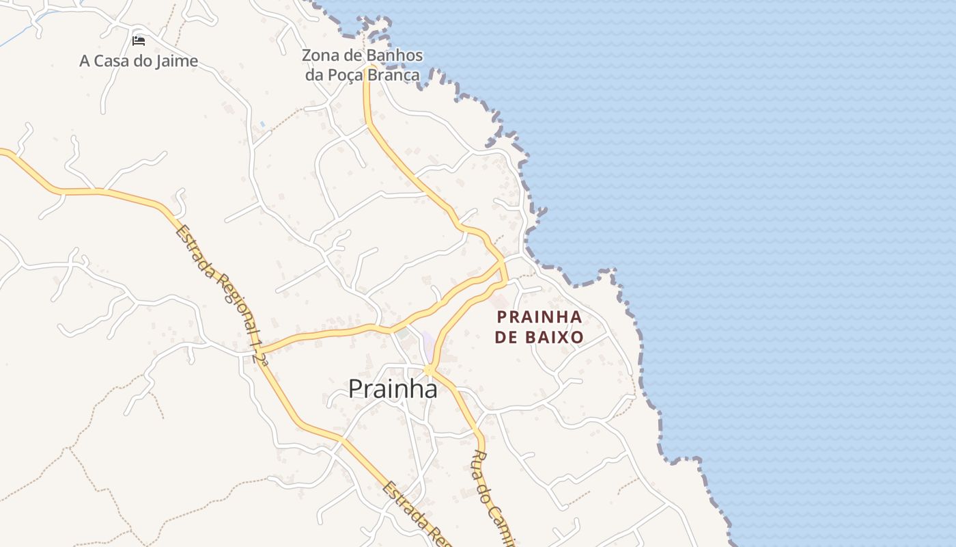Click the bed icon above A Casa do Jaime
139,40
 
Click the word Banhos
395,55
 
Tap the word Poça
346,75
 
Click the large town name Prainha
393,388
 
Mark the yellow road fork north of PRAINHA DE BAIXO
503,261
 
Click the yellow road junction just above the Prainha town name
429,370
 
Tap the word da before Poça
314,75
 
